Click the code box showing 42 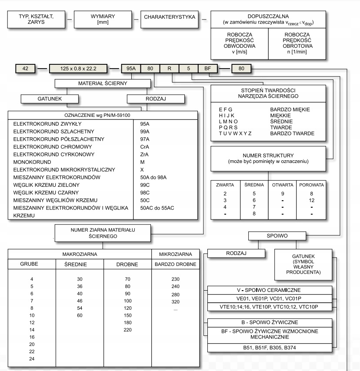[x=25, y=68]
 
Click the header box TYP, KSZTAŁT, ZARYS [x=37, y=19]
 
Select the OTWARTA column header [x=283, y=185]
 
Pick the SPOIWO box [x=273, y=235]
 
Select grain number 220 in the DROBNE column [x=127, y=330]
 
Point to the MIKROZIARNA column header [x=175, y=253]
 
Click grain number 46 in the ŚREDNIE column [x=80, y=300]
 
